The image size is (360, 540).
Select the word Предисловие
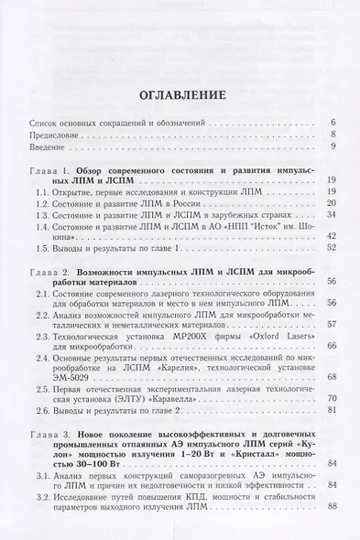point(54,134)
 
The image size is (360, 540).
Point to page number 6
point(333,121)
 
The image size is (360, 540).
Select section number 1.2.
point(42,206)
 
